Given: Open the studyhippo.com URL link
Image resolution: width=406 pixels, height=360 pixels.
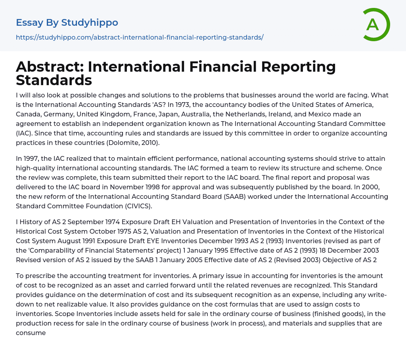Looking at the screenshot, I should [140, 37].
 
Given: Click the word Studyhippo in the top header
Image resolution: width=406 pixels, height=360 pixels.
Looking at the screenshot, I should [90, 23].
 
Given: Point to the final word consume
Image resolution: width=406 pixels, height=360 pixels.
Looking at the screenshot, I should [31, 333].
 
